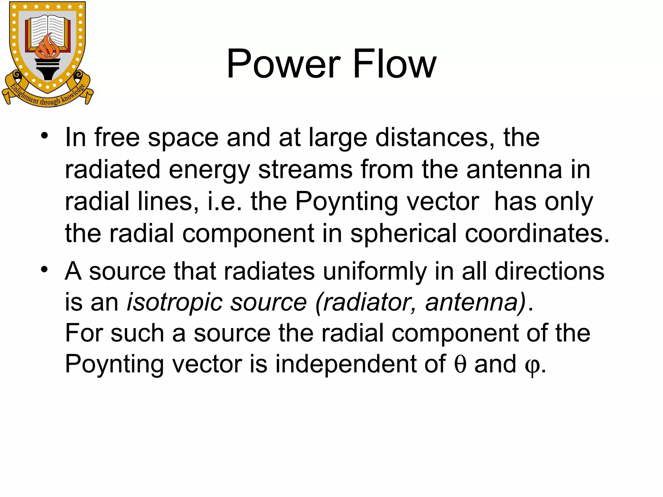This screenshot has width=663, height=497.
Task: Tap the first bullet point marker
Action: point(44,135)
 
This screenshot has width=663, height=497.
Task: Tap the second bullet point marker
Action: point(44,269)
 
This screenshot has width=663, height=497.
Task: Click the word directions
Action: point(549,271)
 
